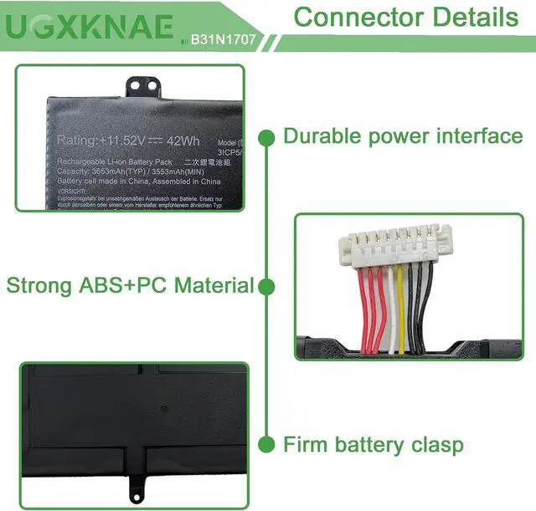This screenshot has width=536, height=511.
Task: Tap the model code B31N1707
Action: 221,38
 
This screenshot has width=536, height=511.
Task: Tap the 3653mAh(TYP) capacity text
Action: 126,171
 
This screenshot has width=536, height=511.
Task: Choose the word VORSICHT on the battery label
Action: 75,191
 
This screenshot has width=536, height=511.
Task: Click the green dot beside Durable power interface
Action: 267,135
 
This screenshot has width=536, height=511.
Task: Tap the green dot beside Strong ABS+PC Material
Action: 267,287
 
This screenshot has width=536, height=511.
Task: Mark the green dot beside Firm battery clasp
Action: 267,444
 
